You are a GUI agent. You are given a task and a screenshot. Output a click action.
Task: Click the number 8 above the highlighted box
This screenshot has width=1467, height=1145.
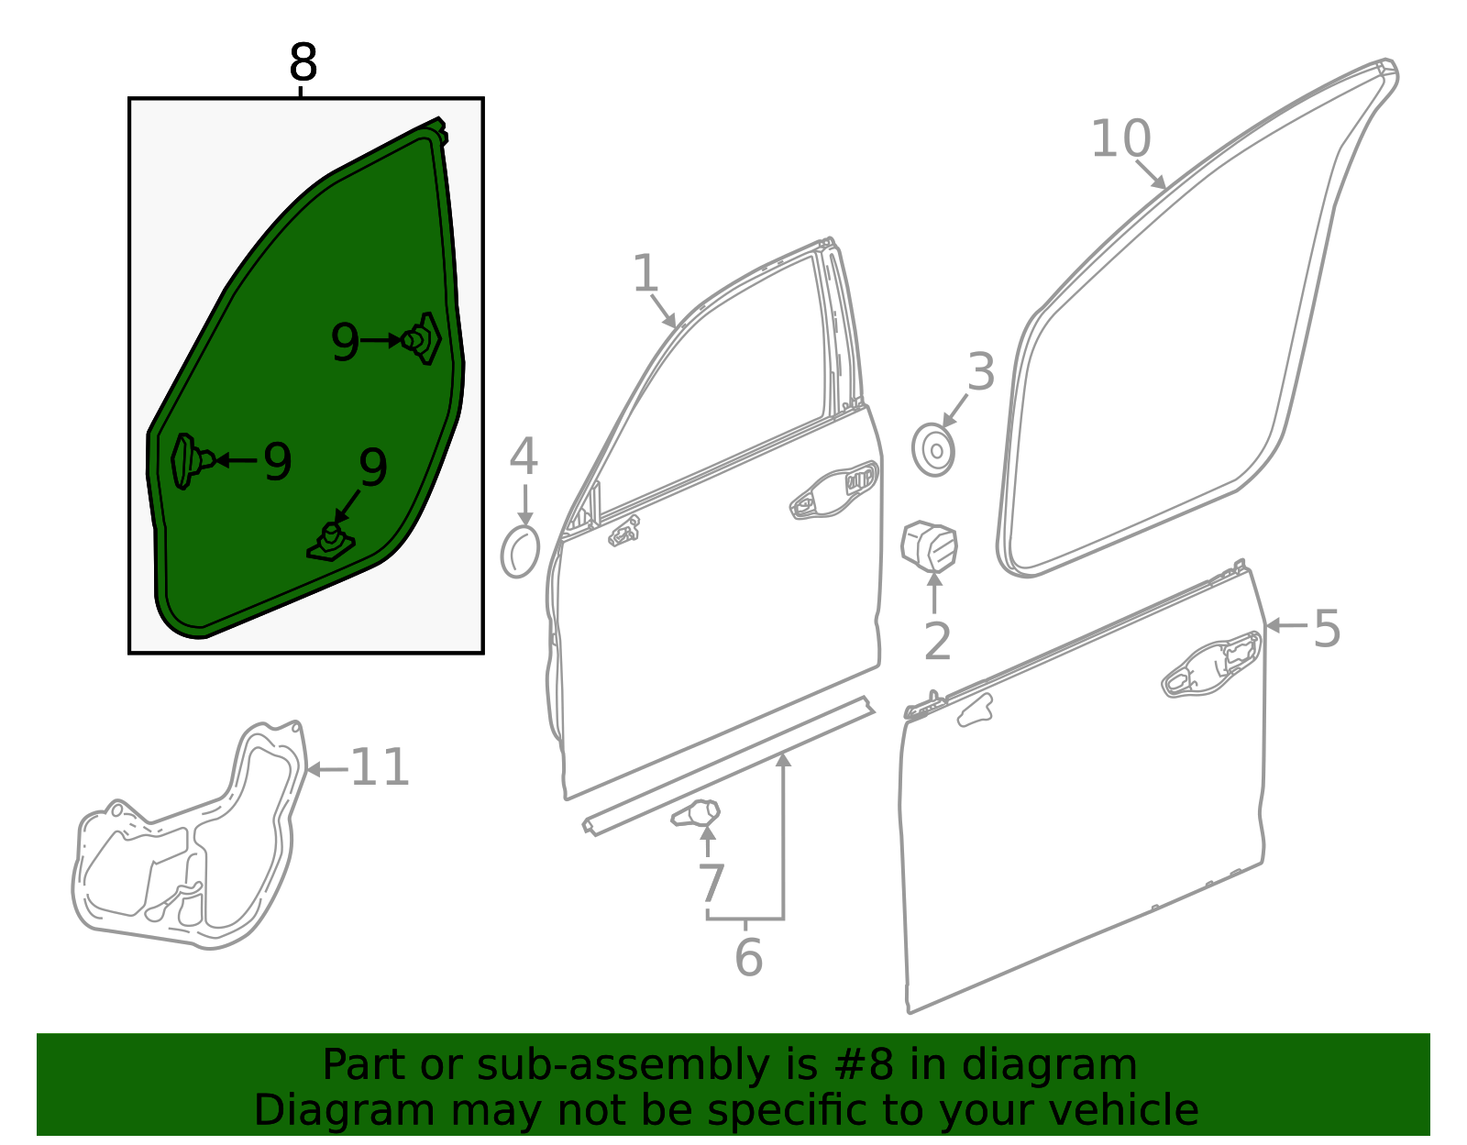click(x=303, y=62)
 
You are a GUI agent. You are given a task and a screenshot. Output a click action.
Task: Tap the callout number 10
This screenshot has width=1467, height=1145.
click(x=1120, y=139)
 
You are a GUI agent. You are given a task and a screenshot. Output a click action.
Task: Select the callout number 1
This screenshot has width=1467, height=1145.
click(x=645, y=273)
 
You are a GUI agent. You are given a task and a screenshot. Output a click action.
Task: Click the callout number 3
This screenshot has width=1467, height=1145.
click(x=981, y=372)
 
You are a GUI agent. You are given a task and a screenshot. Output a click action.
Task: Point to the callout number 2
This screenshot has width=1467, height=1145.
click(x=938, y=642)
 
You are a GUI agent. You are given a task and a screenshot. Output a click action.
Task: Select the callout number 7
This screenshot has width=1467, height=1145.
click(x=711, y=883)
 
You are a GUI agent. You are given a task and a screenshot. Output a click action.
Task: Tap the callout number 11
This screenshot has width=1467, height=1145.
click(x=381, y=768)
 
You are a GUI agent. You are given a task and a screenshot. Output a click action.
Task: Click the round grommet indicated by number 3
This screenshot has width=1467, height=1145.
click(x=933, y=450)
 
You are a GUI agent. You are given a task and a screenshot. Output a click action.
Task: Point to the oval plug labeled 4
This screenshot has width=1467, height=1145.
click(x=520, y=553)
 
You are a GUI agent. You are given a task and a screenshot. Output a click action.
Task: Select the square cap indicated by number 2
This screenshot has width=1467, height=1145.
click(x=930, y=545)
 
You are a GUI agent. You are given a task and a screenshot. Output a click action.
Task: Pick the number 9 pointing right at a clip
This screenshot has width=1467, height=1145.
click(x=345, y=342)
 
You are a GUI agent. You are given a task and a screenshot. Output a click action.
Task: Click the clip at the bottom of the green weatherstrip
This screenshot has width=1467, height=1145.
click(x=331, y=543)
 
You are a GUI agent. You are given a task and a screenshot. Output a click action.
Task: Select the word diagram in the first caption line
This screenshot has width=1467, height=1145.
click(x=1049, y=1065)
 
